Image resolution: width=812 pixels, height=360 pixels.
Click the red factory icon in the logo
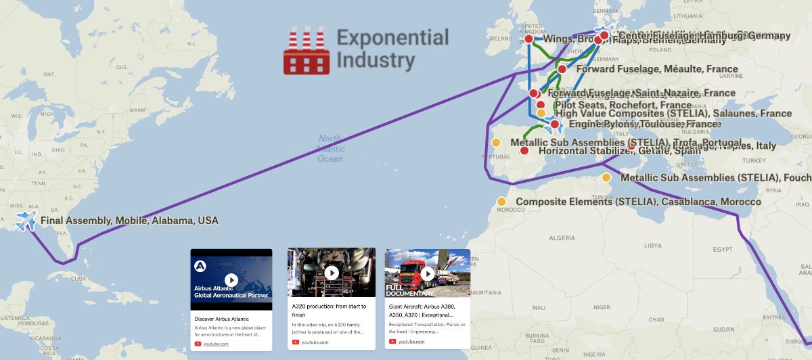307,51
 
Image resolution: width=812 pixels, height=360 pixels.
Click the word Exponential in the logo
392,37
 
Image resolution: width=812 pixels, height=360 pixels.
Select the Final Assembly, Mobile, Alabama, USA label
129,221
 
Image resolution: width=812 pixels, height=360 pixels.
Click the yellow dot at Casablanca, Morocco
501,202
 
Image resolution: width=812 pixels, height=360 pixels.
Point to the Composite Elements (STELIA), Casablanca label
638,202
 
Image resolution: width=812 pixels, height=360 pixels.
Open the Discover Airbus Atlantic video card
231,298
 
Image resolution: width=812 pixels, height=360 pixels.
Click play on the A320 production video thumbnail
332,273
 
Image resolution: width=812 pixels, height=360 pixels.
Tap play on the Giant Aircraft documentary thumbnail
428,273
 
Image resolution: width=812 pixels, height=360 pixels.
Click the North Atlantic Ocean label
330,149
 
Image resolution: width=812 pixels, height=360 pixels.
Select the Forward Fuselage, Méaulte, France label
656,69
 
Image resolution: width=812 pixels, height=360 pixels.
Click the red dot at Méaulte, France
562,69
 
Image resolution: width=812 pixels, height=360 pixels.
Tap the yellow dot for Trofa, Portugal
496,142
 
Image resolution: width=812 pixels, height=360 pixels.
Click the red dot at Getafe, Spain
524,151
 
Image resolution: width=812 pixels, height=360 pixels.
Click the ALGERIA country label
561,238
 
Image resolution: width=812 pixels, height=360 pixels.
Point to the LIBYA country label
652,245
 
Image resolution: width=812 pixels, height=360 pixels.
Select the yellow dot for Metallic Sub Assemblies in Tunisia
606,178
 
